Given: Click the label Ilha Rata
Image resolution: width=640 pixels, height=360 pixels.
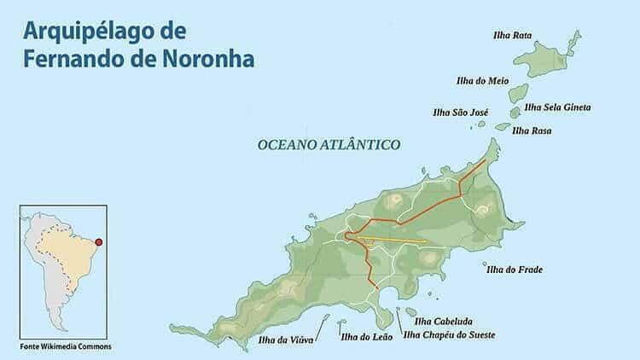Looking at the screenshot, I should [x=512, y=36].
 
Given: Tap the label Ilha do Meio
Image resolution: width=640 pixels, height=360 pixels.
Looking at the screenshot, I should [x=483, y=81].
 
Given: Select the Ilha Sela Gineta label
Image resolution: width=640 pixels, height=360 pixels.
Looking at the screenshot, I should [x=557, y=107].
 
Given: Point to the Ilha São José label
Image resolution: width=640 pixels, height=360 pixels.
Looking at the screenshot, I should [x=460, y=113].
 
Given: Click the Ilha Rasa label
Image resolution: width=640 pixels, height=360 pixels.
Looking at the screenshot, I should [x=531, y=131].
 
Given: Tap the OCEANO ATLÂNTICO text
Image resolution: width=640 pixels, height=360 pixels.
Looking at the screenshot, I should [x=329, y=145].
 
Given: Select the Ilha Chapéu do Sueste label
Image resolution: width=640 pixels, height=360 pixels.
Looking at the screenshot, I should [x=449, y=335].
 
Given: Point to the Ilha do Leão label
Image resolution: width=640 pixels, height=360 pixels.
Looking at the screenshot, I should [x=366, y=337].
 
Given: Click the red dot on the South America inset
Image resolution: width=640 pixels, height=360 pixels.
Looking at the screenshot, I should [x=99, y=242].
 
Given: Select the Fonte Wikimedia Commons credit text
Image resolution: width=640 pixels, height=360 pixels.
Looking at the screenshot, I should [x=66, y=346].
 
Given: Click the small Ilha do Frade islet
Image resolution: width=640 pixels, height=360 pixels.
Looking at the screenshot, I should [x=486, y=264].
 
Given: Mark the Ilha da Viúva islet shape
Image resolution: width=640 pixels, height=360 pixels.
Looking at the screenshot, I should [x=324, y=320].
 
